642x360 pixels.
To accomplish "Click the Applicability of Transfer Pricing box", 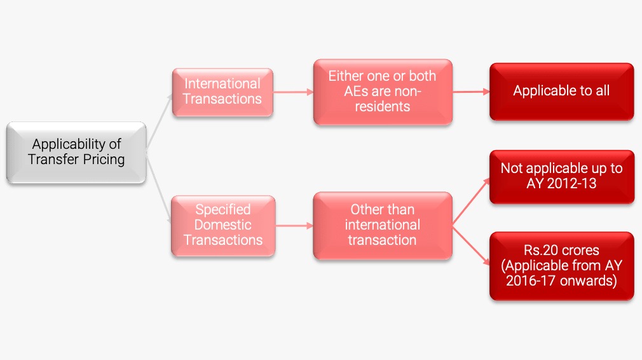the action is (x=76, y=152).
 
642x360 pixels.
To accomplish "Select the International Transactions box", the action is (x=222, y=92).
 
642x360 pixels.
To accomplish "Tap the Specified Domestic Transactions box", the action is (x=223, y=225).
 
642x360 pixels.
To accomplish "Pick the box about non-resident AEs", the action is (x=383, y=92).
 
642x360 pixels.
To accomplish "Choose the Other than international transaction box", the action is (x=383, y=225).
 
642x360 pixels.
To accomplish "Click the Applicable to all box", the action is (x=561, y=92).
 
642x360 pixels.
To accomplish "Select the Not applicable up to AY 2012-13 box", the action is (x=562, y=177).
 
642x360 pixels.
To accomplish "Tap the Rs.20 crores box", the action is (x=562, y=266).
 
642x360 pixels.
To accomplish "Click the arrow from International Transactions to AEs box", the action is (x=293, y=92).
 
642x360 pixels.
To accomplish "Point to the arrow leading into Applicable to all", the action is (x=471, y=92).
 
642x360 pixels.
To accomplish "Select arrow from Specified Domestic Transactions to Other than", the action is (x=294, y=225).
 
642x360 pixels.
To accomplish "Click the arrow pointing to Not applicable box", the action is (x=471, y=202).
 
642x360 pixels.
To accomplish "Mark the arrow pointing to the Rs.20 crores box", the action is (x=471, y=246).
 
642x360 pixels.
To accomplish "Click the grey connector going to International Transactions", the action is (x=160, y=121).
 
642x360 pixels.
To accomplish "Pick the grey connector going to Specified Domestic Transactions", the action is (x=158, y=188).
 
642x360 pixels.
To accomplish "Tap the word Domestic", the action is (x=222, y=225).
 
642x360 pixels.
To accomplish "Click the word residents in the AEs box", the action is (x=383, y=106).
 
